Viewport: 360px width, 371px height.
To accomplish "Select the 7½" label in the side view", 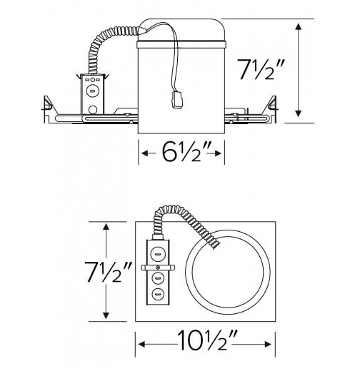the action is pyautogui.click(x=261, y=69).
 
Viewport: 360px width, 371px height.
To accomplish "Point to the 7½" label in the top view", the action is pyautogui.click(x=108, y=272).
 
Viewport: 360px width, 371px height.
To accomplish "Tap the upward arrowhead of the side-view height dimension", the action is pyautogui.click(x=298, y=26).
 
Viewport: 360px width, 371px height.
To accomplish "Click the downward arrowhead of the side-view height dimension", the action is pyautogui.click(x=298, y=113).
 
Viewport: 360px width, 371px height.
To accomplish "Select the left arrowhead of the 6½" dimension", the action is pyautogui.click(x=145, y=153).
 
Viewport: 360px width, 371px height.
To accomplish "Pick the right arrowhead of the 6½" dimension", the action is pyautogui.click(x=218, y=153).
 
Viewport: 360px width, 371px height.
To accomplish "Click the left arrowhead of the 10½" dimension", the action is pyautogui.click(x=142, y=344).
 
